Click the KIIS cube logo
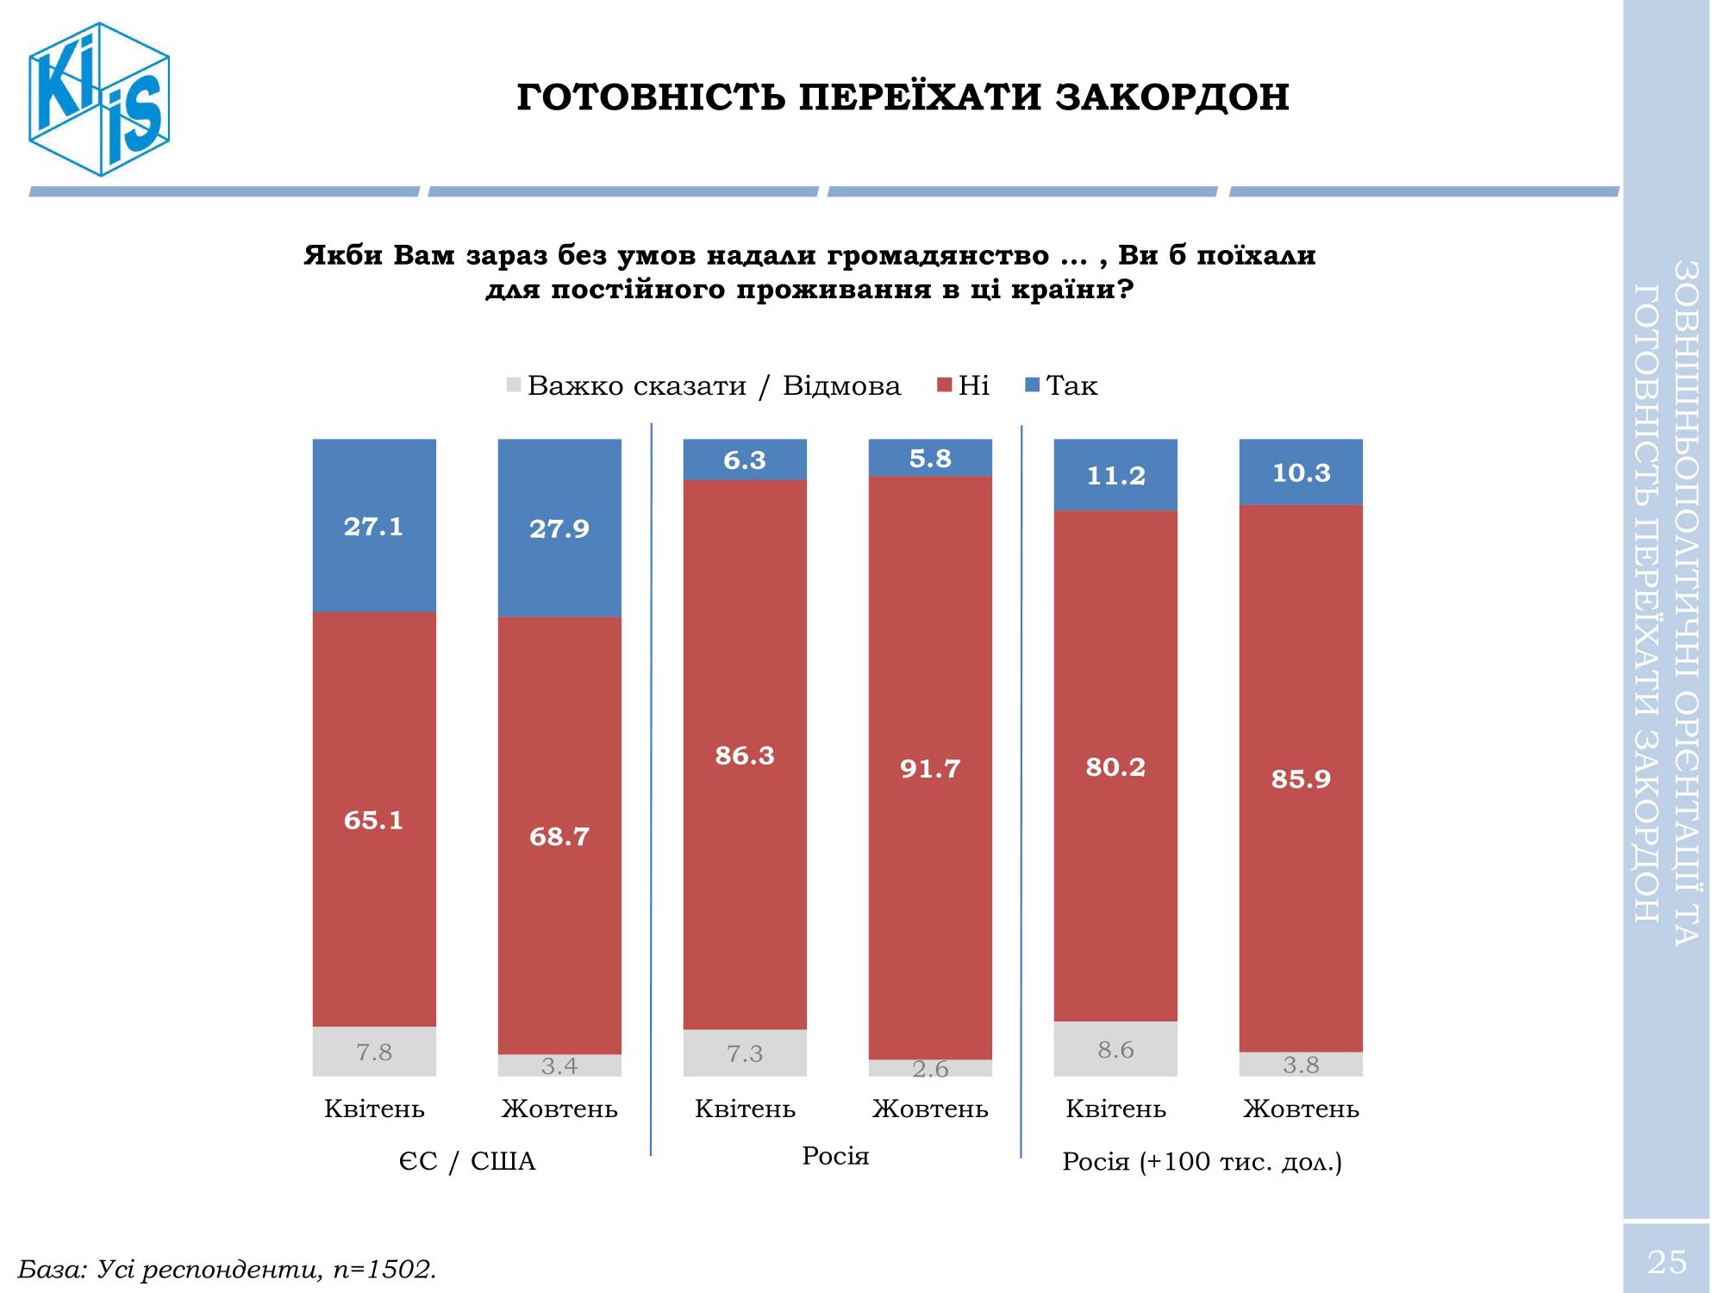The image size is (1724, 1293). (x=98, y=99)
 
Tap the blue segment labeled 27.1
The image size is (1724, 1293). (x=374, y=526)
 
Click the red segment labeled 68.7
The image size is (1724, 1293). (x=559, y=836)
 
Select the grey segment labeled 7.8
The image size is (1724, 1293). (x=374, y=1052)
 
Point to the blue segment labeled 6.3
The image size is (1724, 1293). (x=745, y=459)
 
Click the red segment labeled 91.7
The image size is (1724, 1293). (x=930, y=768)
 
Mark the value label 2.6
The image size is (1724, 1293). (x=930, y=1070)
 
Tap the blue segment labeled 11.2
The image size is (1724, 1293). (x=1115, y=475)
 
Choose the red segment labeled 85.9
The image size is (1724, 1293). (x=1301, y=778)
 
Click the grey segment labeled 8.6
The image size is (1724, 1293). (x=1115, y=1049)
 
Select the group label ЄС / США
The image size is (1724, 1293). (x=466, y=1162)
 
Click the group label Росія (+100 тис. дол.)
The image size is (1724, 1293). (x=1202, y=1162)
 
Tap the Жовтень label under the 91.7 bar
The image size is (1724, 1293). (x=930, y=1109)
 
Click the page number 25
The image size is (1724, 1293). (x=1666, y=1262)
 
